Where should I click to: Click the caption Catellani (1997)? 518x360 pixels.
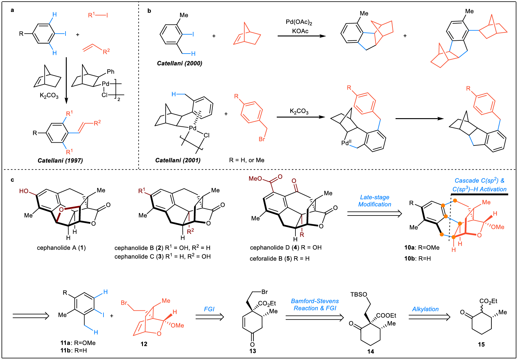click(60, 160)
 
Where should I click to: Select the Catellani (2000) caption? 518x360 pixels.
click(179, 63)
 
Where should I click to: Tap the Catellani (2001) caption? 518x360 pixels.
click(178, 160)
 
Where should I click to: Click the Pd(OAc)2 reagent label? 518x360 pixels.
click(299, 22)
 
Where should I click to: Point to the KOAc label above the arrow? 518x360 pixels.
click(300, 31)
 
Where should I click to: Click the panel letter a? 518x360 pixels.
click(12, 10)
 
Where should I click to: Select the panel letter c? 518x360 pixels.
click(12, 180)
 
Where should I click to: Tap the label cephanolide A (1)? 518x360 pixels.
click(61, 248)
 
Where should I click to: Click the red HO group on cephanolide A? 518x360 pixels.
click(24, 191)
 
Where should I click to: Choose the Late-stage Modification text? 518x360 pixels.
click(375, 201)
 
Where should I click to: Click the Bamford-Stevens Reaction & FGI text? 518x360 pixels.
click(315, 305)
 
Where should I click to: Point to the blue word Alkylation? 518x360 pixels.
click(425, 309)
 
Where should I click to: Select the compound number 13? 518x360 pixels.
click(253, 351)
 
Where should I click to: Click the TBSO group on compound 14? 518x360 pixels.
click(358, 294)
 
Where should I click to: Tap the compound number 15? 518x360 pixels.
click(481, 344)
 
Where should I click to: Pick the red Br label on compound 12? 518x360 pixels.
click(124, 303)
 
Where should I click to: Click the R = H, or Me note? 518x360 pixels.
click(247, 160)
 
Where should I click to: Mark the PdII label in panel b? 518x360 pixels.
click(346, 143)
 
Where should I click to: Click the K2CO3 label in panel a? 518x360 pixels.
click(49, 96)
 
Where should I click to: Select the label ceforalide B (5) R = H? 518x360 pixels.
click(280, 259)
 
